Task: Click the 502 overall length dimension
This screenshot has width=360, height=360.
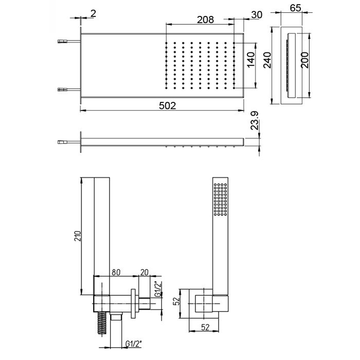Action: pos(167,106)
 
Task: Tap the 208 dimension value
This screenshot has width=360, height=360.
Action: pos(205,20)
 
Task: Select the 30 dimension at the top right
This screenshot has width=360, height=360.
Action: pos(257,15)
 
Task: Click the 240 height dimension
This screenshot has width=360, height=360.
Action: pos(267,60)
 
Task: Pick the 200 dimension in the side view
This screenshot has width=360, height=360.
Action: pos(305,60)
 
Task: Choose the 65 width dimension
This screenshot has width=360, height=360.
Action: pos(295,8)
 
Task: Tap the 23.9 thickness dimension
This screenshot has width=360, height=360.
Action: pos(255,120)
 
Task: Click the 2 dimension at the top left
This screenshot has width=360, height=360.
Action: pos(93,14)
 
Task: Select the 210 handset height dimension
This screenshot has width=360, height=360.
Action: pos(78,236)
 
